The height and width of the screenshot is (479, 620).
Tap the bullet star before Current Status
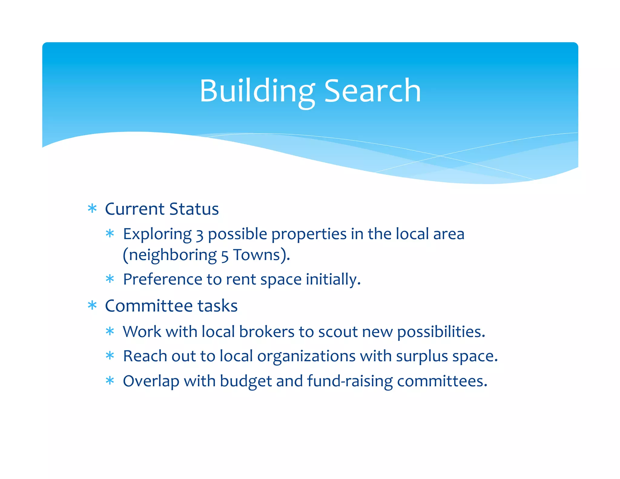[92, 209]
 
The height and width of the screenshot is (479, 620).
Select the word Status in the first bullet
[194, 209]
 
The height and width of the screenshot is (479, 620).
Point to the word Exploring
[157, 234]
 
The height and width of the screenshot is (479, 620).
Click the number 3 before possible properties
[199, 235]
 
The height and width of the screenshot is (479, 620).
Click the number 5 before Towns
[224, 256]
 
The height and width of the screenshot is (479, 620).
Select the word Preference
[163, 279]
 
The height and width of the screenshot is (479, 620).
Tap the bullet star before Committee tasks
[92, 306]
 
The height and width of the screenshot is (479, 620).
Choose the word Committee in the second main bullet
[149, 306]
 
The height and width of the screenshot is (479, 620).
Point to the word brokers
[266, 332]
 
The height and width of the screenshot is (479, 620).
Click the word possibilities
[441, 332]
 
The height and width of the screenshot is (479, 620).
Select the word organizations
[306, 356]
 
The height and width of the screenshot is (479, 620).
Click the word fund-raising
[350, 381]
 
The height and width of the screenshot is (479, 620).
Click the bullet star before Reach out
[110, 356]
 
